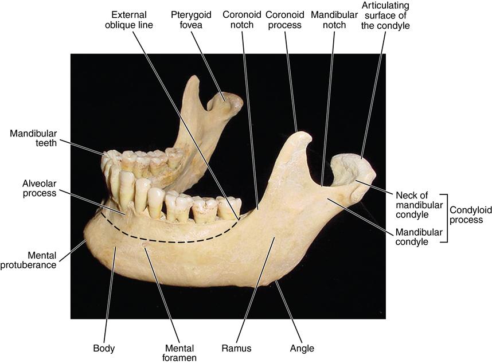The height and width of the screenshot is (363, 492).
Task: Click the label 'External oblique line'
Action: tap(128, 19)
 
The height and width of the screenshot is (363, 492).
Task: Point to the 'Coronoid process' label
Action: tap(284, 19)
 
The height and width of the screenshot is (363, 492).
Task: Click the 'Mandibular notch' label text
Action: tap(334, 19)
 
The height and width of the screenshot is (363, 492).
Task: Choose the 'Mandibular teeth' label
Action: tap(33, 138)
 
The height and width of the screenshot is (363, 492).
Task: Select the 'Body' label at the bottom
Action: tap(104, 348)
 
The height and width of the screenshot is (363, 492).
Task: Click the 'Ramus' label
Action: tap(237, 348)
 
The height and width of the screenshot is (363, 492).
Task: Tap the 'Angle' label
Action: tap(302, 348)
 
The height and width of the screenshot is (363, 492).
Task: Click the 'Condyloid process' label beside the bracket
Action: tap(466, 214)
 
